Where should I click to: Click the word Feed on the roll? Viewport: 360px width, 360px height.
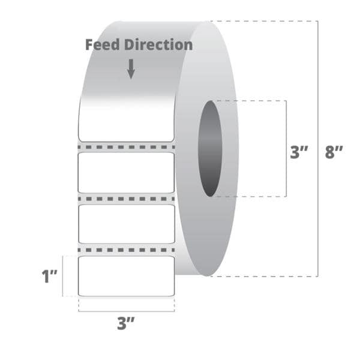[103, 45]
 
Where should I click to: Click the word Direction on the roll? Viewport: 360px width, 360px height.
[158, 45]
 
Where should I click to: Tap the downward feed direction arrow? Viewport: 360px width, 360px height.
[131, 69]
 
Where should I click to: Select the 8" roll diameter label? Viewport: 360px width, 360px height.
[334, 152]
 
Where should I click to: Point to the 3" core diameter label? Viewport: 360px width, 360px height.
[299, 152]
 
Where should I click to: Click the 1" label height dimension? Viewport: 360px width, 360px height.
[49, 276]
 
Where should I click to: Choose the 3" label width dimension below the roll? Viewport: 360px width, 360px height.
[125, 323]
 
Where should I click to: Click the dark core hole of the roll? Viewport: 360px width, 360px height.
[210, 149]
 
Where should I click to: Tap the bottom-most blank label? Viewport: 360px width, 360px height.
[126, 276]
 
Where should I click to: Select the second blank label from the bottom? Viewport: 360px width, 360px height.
[127, 224]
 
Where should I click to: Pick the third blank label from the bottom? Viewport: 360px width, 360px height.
[126, 173]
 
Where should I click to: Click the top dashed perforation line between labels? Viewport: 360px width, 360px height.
[126, 147]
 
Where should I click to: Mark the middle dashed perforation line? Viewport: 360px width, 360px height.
[126, 199]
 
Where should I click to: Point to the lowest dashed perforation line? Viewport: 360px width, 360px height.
[126, 250]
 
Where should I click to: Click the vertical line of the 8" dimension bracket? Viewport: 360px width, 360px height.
[318, 149]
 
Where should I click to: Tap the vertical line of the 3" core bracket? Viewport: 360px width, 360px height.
[286, 149]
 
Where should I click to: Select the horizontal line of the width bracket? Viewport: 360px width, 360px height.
[127, 311]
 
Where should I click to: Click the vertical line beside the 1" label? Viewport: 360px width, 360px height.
[62, 276]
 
